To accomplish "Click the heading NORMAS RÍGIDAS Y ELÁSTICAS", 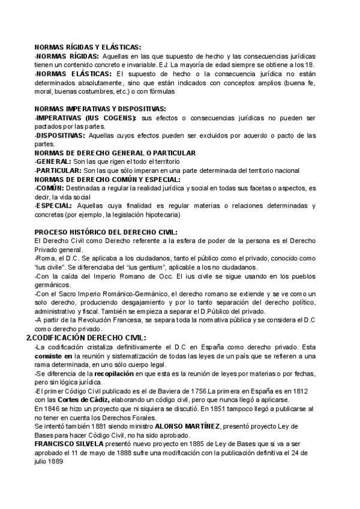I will pyautogui.click(x=88, y=46).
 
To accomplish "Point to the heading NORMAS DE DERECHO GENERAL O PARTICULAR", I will pyautogui.click(x=98, y=153).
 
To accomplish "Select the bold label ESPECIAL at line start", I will pyautogui.click(x=53, y=206).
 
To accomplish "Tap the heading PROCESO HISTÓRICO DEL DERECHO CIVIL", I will pyautogui.click(x=106, y=232).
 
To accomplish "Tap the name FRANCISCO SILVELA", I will pyautogui.click(x=69, y=444).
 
